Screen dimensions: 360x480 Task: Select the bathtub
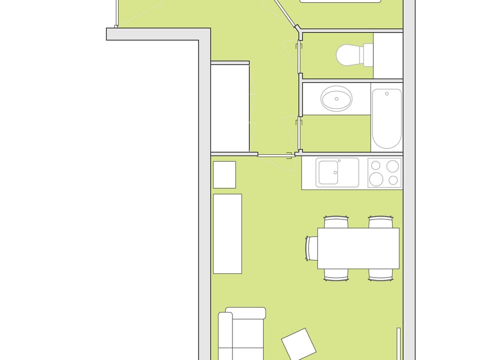pyautogui.click(x=386, y=119)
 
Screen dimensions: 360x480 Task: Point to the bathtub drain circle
pyautogui.click(x=386, y=93)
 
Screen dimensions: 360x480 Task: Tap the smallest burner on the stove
pyautogui.click(x=393, y=180)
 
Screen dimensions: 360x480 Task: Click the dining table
pyautogui.click(x=358, y=248)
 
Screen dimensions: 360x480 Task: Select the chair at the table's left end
pyautogui.click(x=312, y=248)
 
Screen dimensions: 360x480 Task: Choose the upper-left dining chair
pyautogui.click(x=335, y=221)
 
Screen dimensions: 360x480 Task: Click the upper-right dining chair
pyautogui.click(x=380, y=221)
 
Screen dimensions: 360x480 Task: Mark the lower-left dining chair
pyautogui.click(x=335, y=274)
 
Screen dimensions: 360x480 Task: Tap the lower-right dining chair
pyautogui.click(x=380, y=274)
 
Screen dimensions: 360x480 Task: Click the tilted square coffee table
pyautogui.click(x=298, y=343)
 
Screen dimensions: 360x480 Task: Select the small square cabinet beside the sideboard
pyautogui.click(x=224, y=174)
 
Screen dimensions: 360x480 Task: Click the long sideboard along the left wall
pyautogui.click(x=227, y=233)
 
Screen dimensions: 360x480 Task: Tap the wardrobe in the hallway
pyautogui.click(x=230, y=107)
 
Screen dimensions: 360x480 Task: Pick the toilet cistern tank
pyautogui.click(x=368, y=55)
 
